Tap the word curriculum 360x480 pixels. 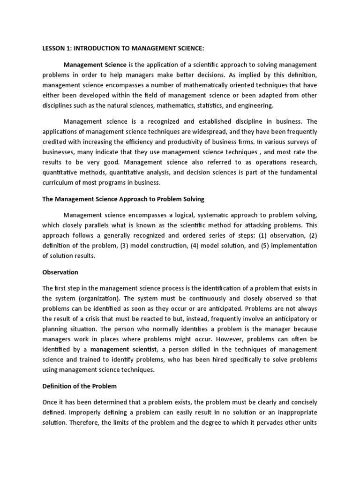[x=58, y=183]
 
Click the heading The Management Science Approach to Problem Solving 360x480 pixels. [x=123, y=199]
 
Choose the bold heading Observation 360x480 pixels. [x=60, y=272]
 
